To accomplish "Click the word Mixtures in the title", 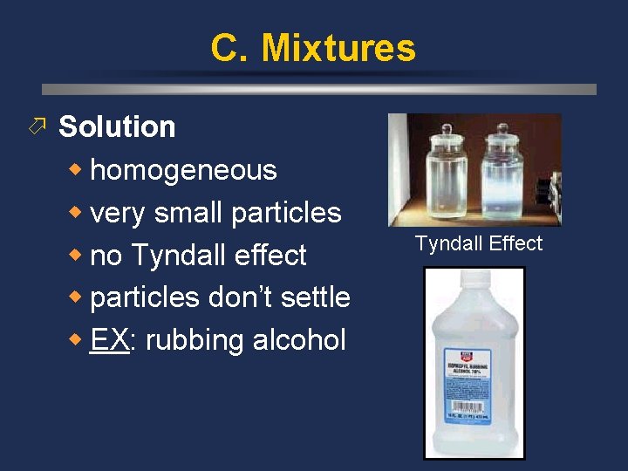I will pyautogui.click(x=339, y=48).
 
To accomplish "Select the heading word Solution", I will pyautogui.click(x=117, y=127).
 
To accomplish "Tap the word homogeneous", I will pyautogui.click(x=183, y=170).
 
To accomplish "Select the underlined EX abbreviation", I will pyautogui.click(x=109, y=340).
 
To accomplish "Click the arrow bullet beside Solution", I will pyautogui.click(x=37, y=127).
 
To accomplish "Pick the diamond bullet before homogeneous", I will pyautogui.click(x=78, y=169).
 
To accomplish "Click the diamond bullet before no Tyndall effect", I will pyautogui.click(x=78, y=255).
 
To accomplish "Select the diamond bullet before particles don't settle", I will pyautogui.click(x=78, y=297).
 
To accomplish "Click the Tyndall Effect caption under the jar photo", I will pyautogui.click(x=478, y=243).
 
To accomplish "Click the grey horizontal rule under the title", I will pyautogui.click(x=319, y=89).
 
